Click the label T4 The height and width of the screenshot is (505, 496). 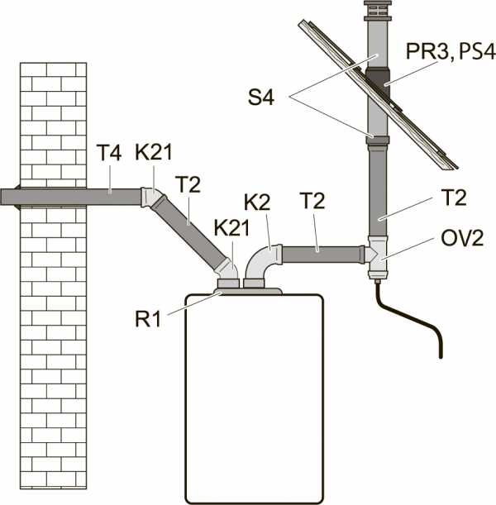pyautogui.click(x=109, y=153)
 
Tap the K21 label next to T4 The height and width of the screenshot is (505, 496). pyautogui.click(x=154, y=152)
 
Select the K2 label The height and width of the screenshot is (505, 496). pyautogui.click(x=257, y=202)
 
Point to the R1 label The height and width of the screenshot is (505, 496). pyautogui.click(x=148, y=319)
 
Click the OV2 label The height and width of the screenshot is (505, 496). pyautogui.click(x=462, y=239)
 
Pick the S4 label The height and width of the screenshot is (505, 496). pyautogui.click(x=261, y=97)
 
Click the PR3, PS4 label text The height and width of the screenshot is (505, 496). pyautogui.click(x=451, y=51)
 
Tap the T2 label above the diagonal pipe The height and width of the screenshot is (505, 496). pyautogui.click(x=190, y=184)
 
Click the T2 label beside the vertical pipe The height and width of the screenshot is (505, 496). pyautogui.click(x=455, y=198)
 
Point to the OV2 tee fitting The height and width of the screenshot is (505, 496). pyautogui.click(x=377, y=257)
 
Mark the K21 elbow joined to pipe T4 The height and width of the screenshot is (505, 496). pyautogui.click(x=152, y=198)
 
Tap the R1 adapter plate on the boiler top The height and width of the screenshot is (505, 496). pyautogui.click(x=248, y=291)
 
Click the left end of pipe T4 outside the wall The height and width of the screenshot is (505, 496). pyautogui.click(x=1, y=197)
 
